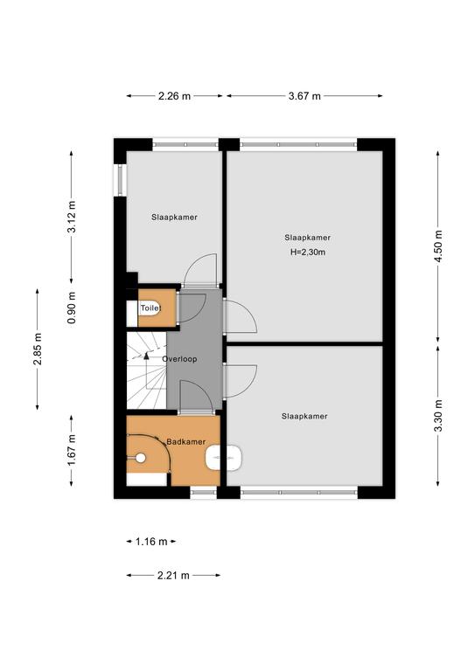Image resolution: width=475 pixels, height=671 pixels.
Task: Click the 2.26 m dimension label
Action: coord(174,96)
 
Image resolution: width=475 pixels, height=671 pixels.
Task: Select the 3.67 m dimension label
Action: coord(304,96)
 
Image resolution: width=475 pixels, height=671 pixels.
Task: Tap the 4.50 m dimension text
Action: coord(437,247)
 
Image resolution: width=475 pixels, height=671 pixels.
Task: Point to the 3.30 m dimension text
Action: coord(437,416)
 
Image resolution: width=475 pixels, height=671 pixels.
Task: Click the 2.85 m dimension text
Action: coord(38,349)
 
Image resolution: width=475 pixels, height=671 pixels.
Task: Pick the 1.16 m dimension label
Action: coord(151,542)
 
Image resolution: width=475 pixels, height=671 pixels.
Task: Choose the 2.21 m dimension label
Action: coord(173,576)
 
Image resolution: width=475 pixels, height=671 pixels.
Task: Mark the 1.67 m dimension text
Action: coord(72,450)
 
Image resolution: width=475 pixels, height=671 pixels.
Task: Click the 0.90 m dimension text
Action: coord(72,308)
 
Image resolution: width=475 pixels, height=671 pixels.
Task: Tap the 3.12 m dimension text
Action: coord(72,217)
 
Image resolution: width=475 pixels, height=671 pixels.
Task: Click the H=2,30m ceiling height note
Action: coord(308,252)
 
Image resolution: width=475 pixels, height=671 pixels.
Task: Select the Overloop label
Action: coord(179,359)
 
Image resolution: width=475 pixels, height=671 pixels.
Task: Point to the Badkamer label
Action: coord(186,441)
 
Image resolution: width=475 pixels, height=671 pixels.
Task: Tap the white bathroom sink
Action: coord(224,458)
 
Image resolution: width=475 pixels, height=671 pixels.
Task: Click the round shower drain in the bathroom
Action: coord(141,458)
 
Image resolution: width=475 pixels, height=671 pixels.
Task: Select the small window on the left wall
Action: coord(121,180)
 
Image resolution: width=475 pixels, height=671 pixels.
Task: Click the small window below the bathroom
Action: coord(204,493)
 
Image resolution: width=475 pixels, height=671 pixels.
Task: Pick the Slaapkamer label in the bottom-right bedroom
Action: coord(304,416)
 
